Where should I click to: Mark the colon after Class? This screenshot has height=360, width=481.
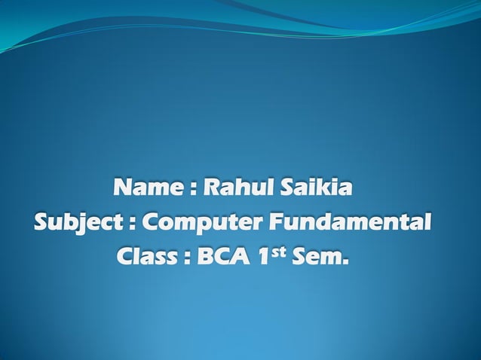tap(183, 261)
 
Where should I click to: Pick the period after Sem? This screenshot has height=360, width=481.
tap(347, 264)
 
